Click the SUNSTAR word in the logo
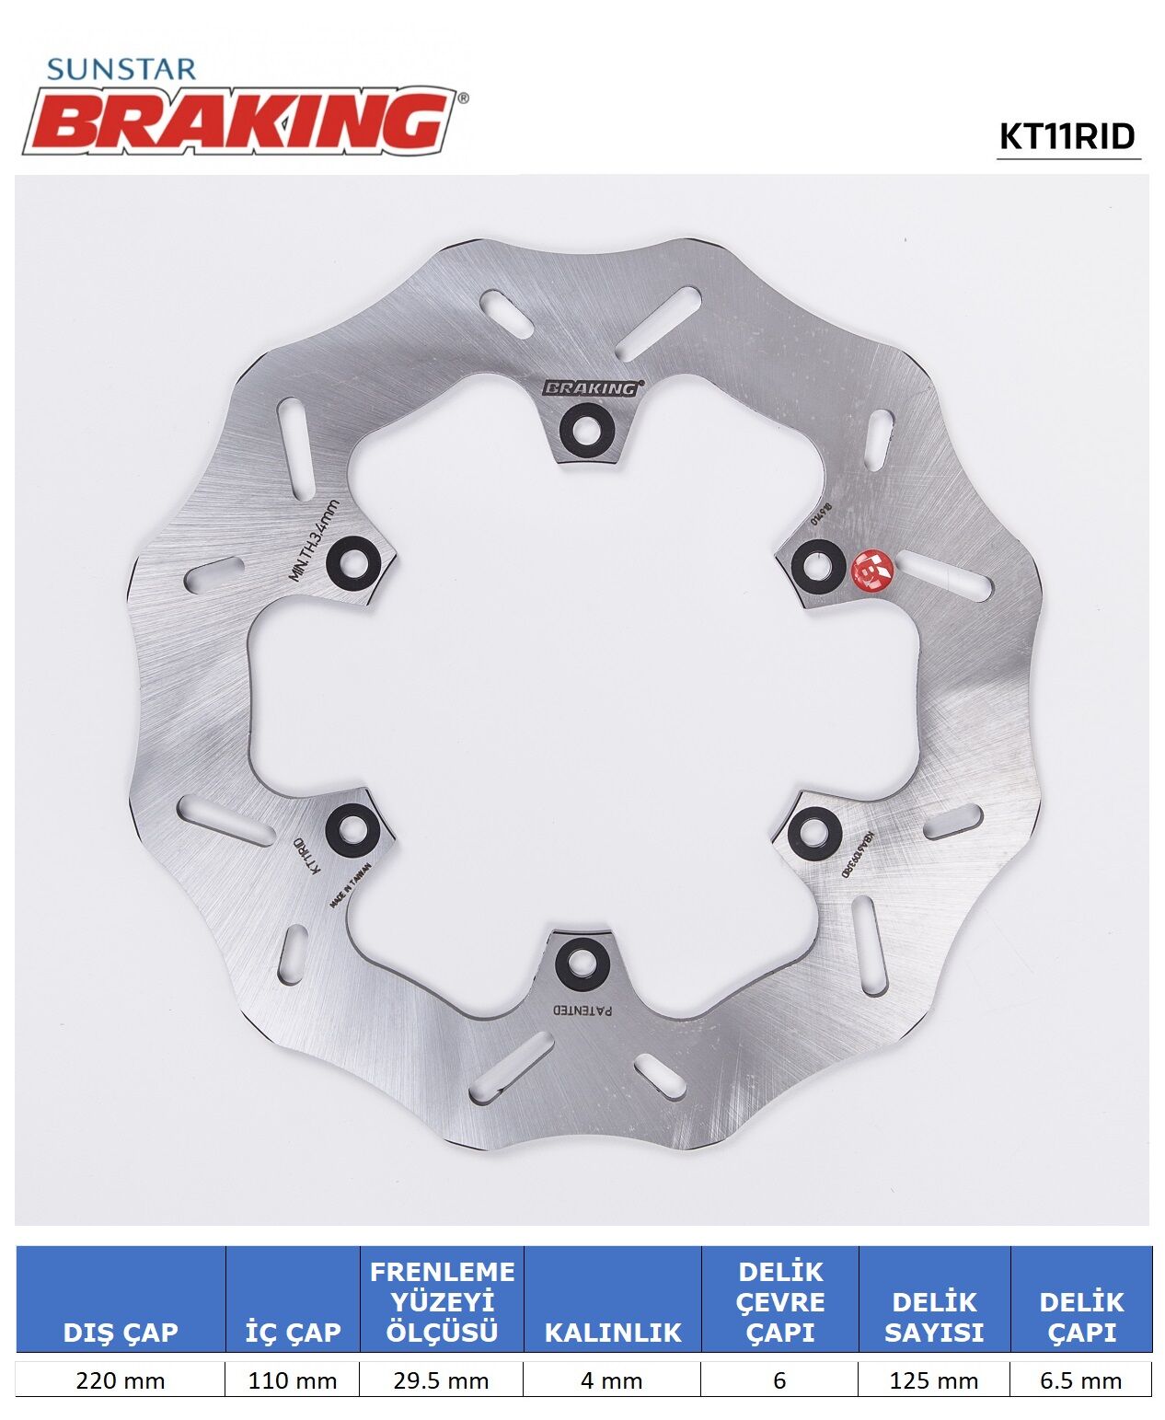point(121,70)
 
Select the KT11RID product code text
point(1067,136)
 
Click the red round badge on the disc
point(871,570)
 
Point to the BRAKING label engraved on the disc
point(591,388)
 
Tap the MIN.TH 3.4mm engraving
point(314,540)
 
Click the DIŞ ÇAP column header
point(120,1331)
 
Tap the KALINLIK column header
point(612,1332)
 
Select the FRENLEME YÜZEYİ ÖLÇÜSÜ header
point(442,1301)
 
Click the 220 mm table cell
point(120,1380)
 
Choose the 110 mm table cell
point(292,1380)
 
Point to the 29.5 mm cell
point(442,1380)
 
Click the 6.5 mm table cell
point(1081,1380)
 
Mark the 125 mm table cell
point(934,1380)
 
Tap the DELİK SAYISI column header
point(934,1316)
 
